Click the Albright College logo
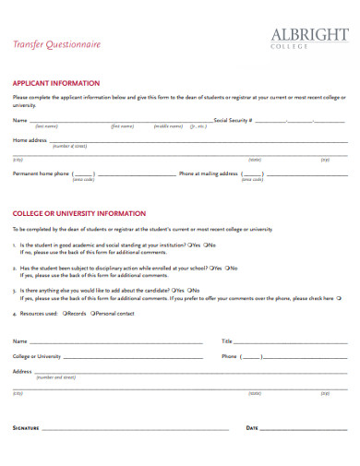click(x=309, y=38)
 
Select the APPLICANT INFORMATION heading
click(x=55, y=82)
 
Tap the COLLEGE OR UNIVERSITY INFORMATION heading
click(x=79, y=211)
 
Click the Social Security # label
click(x=232, y=120)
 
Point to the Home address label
click(x=30, y=140)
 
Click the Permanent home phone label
click(x=41, y=173)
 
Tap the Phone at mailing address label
click(x=209, y=173)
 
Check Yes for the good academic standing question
click(x=190, y=245)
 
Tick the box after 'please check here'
click(x=339, y=298)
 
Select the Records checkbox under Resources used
click(x=64, y=314)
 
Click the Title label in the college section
click(x=227, y=341)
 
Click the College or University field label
click(x=37, y=355)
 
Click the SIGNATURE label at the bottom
click(x=26, y=428)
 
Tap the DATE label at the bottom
click(x=252, y=428)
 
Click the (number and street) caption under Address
click(x=55, y=377)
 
